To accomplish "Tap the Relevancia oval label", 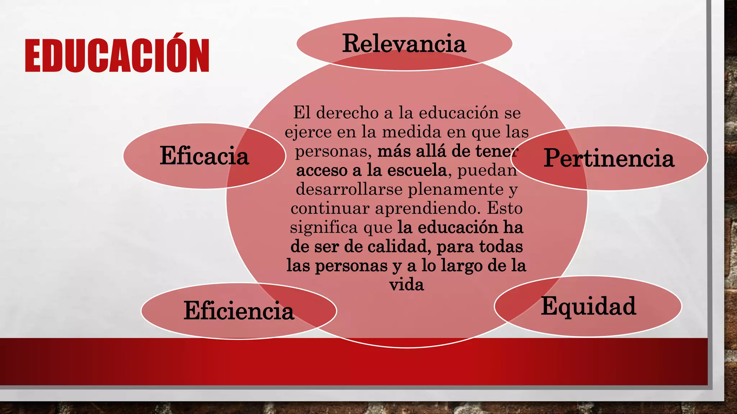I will pyautogui.click(x=404, y=44).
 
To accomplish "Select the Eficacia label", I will pyautogui.click(x=204, y=156).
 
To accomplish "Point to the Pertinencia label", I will pyautogui.click(x=609, y=158).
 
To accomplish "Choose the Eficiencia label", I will pyautogui.click(x=239, y=311).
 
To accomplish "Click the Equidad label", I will pyautogui.click(x=588, y=306).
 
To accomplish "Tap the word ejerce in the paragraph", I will pyautogui.click(x=308, y=132).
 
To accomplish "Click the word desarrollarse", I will pyautogui.click(x=349, y=189).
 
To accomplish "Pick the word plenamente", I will pyautogui.click(x=455, y=189).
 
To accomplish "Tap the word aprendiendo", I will pyautogui.click(x=428, y=208).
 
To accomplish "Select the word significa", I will pyautogui.click(x=324, y=227).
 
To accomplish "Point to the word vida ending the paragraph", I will pyautogui.click(x=406, y=285).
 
